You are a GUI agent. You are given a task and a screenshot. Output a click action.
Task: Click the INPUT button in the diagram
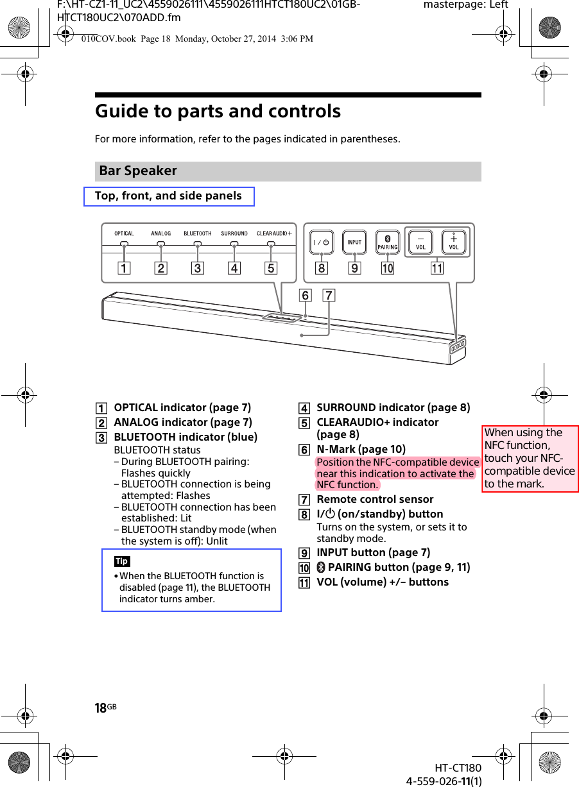click(x=354, y=242)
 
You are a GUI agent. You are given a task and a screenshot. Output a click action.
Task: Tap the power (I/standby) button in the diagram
click(x=322, y=242)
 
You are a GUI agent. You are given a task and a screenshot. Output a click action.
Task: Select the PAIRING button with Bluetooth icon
click(x=388, y=242)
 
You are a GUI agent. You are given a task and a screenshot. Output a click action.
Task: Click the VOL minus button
click(x=420, y=242)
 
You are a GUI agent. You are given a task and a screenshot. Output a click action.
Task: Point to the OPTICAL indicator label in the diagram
click(x=125, y=233)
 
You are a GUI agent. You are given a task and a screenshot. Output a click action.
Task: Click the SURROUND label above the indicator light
click(x=234, y=233)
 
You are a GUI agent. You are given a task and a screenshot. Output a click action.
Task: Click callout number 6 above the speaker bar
click(x=306, y=296)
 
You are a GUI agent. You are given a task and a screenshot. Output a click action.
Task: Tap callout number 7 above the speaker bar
click(x=329, y=296)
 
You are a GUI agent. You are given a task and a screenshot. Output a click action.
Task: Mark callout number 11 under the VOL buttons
click(x=437, y=269)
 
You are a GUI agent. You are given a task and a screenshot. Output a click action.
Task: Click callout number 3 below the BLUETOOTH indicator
click(x=198, y=269)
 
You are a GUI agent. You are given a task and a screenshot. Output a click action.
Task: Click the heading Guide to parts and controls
click(x=218, y=112)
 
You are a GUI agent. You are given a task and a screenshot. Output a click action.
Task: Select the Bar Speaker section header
click(x=138, y=171)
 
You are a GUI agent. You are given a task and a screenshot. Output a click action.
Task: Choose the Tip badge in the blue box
click(x=122, y=561)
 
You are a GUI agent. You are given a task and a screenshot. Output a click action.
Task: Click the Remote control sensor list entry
click(x=375, y=499)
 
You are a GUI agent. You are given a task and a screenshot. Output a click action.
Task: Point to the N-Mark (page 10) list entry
click(x=361, y=449)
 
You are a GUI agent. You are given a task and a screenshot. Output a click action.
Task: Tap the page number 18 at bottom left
click(x=101, y=708)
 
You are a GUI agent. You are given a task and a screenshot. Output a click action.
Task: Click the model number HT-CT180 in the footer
click(x=458, y=768)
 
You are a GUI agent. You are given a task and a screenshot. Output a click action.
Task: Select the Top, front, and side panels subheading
click(x=168, y=196)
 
